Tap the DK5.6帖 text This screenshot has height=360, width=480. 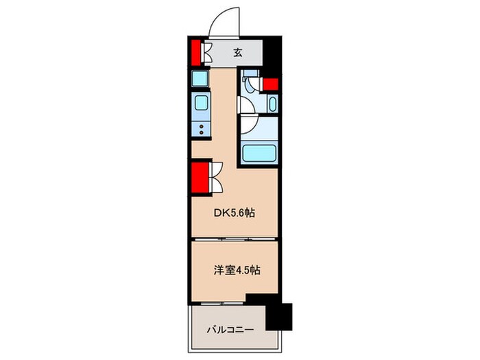click(x=234, y=213)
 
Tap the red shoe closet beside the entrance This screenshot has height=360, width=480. click(x=196, y=52)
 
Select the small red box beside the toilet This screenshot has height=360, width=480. click(x=270, y=85)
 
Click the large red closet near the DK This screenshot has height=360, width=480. click(x=200, y=178)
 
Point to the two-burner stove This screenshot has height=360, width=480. click(x=202, y=129)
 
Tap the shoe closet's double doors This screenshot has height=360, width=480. click(x=208, y=52)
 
